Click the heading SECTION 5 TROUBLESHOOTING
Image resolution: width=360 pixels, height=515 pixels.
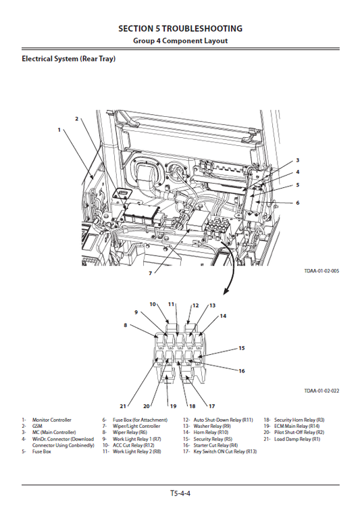pyautogui.click(x=180, y=28)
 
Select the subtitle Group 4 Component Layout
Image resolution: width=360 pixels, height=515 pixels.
pyautogui.click(x=180, y=41)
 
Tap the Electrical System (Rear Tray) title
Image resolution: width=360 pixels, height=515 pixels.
pyautogui.click(x=68, y=59)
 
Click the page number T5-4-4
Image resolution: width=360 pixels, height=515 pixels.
pyautogui.click(x=180, y=494)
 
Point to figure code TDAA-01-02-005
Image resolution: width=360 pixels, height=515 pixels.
pyautogui.click(x=322, y=271)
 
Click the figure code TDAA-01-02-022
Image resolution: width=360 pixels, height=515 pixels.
pyautogui.click(x=322, y=390)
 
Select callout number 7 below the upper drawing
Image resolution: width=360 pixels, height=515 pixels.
pyautogui.click(x=150, y=273)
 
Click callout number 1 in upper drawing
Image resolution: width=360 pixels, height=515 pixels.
pyautogui.click(x=59, y=128)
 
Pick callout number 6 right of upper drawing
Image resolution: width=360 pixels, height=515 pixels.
pyautogui.click(x=297, y=202)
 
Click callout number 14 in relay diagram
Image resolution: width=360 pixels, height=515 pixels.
pyautogui.click(x=223, y=316)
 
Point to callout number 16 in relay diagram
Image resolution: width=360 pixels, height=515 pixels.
pyautogui.click(x=241, y=371)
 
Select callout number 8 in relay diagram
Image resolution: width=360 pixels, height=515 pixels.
pyautogui.click(x=124, y=325)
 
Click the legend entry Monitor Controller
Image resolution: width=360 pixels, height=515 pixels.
pyautogui.click(x=51, y=420)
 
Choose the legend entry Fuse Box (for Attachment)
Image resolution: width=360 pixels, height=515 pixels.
pyautogui.click(x=138, y=420)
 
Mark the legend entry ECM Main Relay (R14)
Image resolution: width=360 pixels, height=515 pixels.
pyautogui.click(x=297, y=426)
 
